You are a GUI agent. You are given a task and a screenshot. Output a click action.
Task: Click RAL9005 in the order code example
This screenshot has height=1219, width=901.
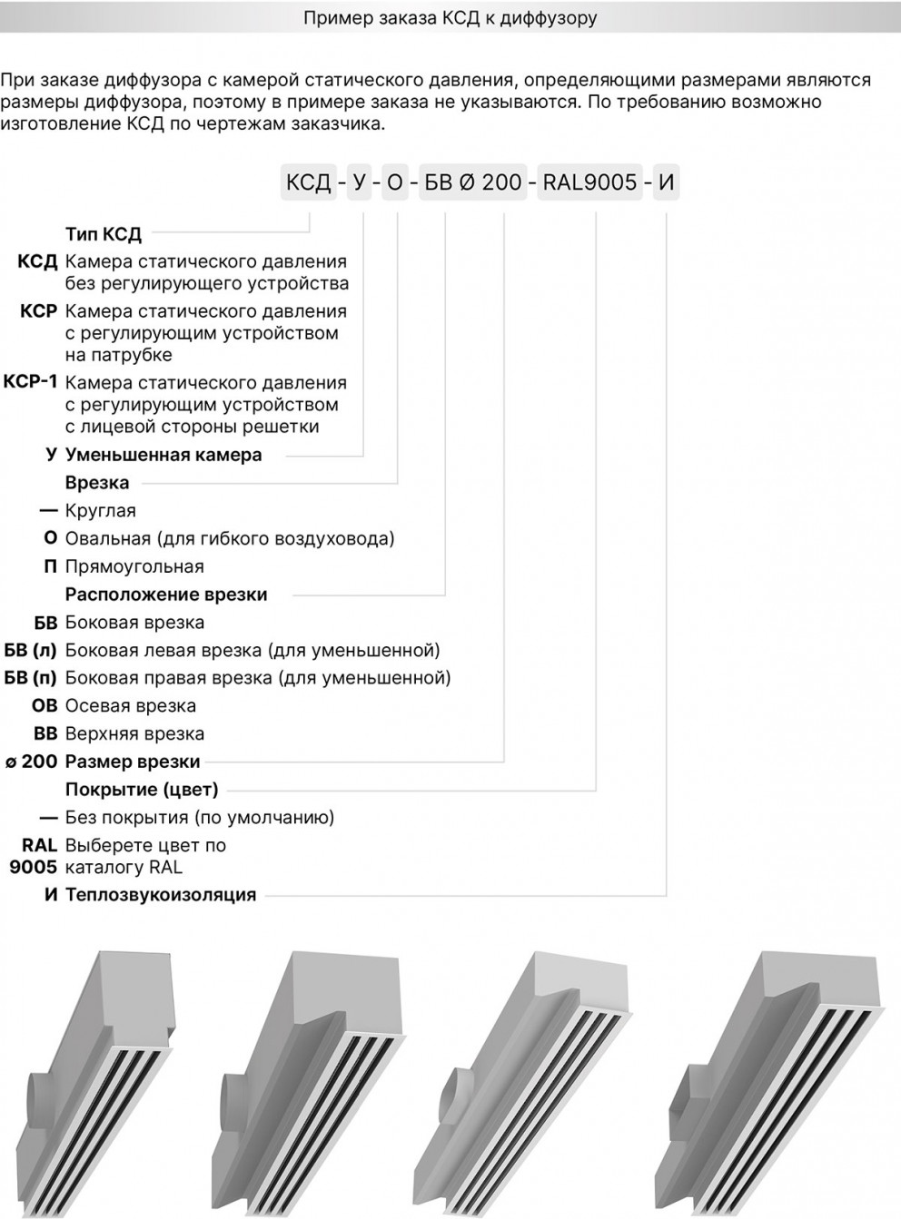point(589,182)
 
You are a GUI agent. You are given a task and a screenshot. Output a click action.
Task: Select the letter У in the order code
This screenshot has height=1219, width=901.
point(360,182)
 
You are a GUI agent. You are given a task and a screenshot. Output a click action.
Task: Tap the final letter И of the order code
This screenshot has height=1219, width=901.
point(666,182)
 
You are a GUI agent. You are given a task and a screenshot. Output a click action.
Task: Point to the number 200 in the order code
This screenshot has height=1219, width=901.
point(501,182)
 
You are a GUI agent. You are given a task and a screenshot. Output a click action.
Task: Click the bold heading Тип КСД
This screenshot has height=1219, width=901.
point(104,234)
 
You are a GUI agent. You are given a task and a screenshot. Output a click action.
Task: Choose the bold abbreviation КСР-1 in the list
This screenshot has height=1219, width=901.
point(31,381)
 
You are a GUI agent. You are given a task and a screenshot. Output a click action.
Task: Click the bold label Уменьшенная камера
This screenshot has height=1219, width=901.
point(163,455)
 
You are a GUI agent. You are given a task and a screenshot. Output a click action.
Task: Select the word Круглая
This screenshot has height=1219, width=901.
point(101,511)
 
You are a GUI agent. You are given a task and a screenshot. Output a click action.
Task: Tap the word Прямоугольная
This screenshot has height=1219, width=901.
point(134,566)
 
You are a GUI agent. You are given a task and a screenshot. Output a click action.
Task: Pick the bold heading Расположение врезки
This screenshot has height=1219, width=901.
point(166,595)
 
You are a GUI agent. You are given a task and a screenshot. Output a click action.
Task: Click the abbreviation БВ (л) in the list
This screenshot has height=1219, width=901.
point(31,650)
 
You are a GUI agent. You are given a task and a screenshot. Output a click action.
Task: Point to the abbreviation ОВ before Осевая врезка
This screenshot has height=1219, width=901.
point(44,705)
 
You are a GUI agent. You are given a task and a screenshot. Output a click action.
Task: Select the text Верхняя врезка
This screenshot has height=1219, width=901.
point(134,733)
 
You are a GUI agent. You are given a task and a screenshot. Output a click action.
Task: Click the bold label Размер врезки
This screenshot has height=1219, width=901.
point(133,762)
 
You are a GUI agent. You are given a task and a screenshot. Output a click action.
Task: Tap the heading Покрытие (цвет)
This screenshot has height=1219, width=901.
point(142,790)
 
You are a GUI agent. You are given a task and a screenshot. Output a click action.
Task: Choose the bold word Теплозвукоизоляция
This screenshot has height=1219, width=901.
point(161,895)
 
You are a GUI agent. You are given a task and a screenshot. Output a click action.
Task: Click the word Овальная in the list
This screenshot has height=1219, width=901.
point(107,539)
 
